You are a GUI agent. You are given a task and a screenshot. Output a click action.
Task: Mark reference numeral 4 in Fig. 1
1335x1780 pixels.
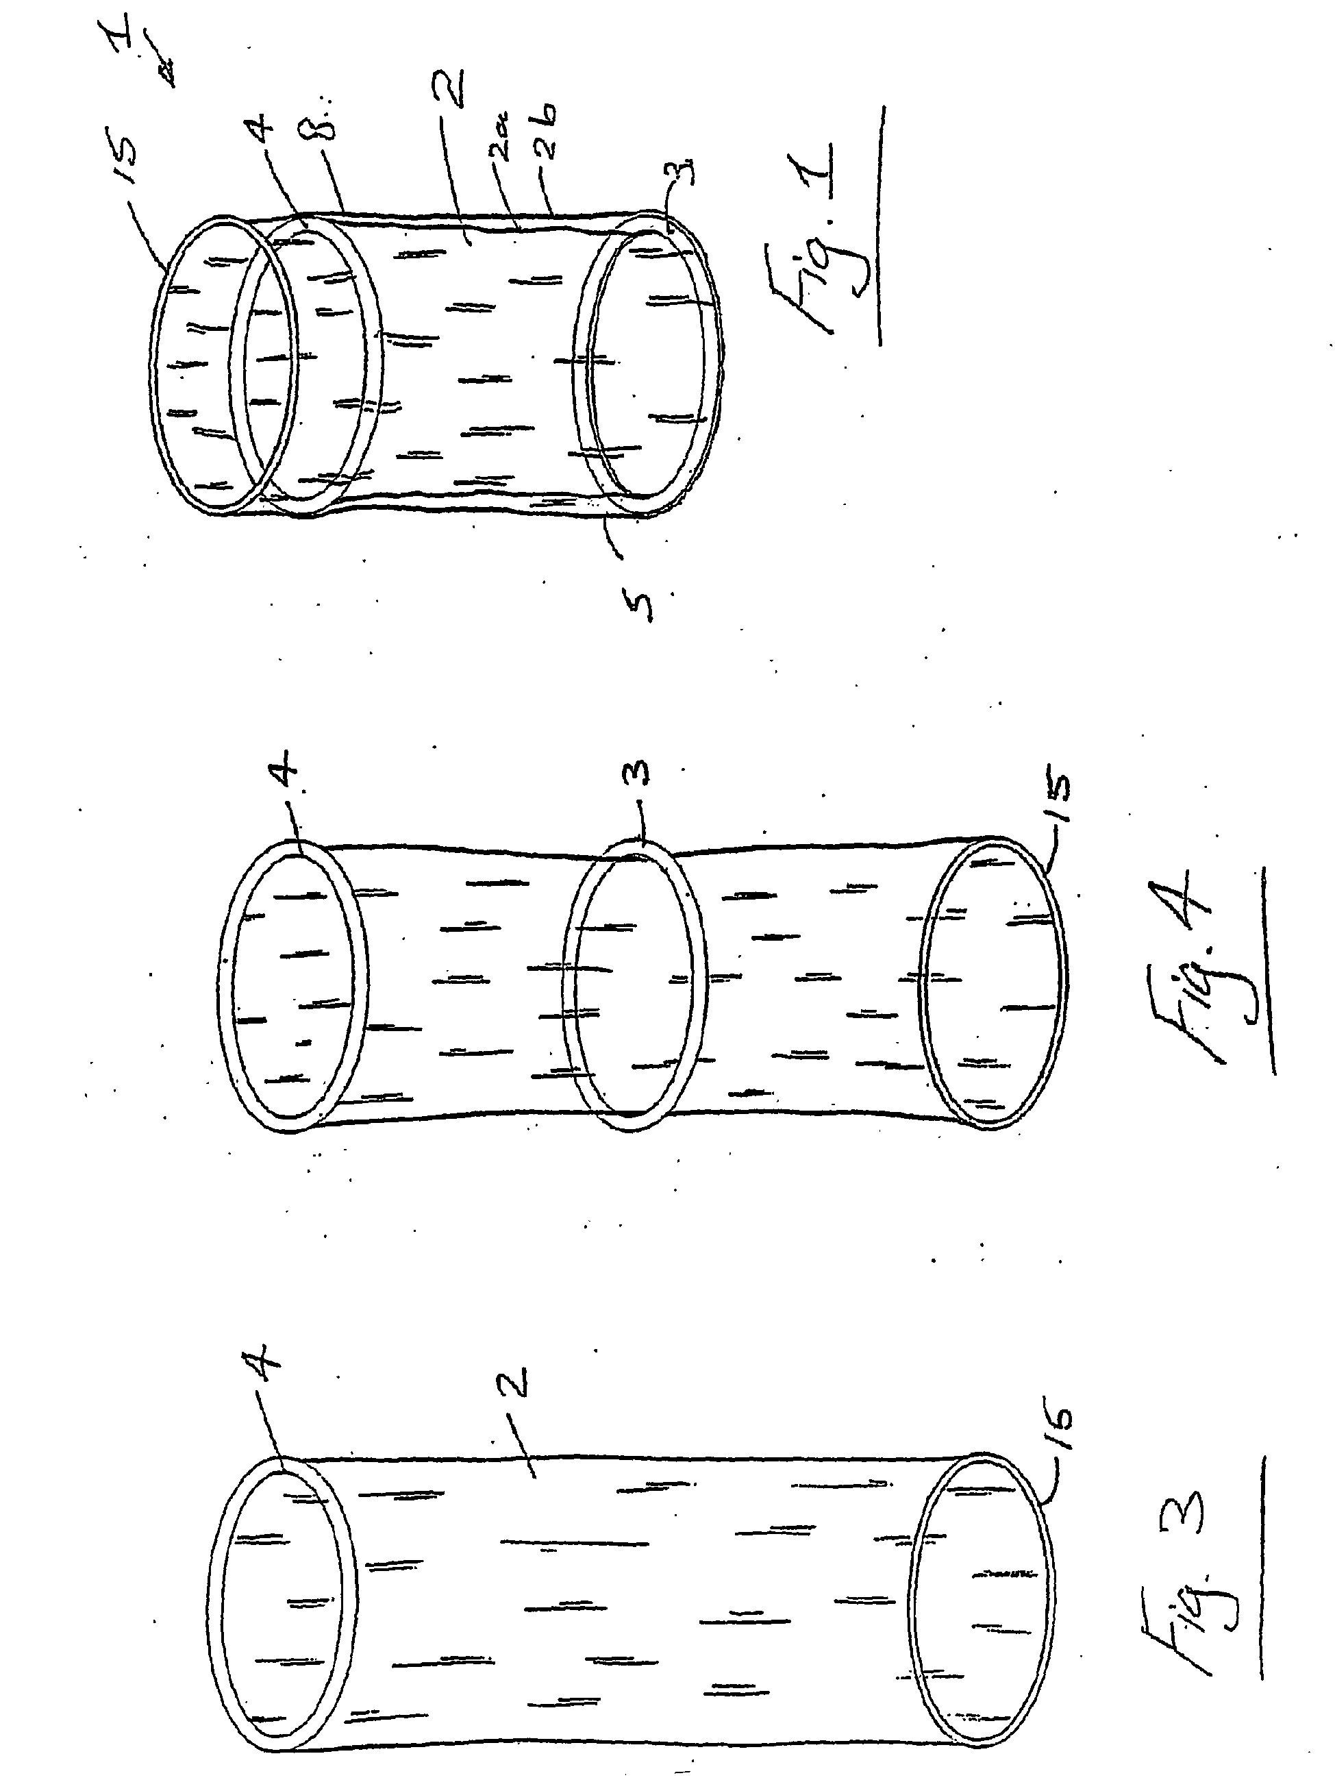(263, 130)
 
